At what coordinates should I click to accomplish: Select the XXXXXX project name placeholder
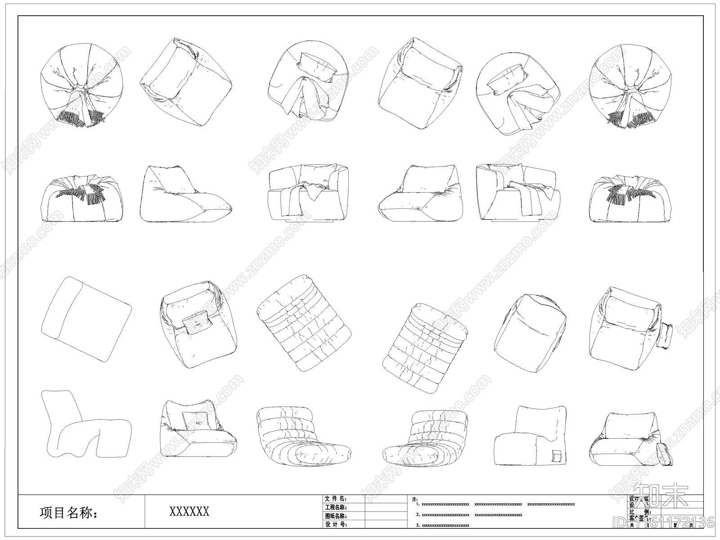click(x=189, y=512)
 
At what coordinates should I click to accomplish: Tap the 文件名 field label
click(x=336, y=499)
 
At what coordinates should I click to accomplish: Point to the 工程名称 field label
click(x=336, y=508)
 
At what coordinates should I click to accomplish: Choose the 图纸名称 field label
click(x=336, y=516)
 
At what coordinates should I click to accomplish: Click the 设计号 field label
click(x=336, y=525)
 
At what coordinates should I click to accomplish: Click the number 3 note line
click(x=443, y=525)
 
